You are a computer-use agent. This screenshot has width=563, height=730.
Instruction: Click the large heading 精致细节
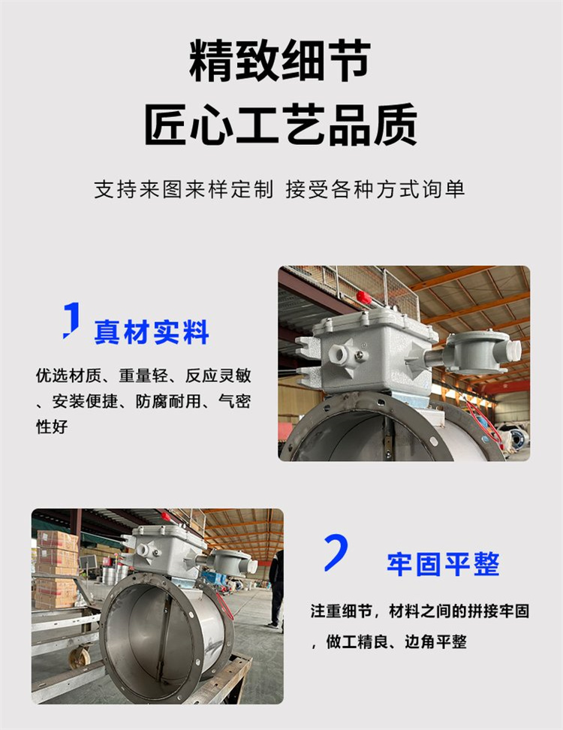(x=280, y=61)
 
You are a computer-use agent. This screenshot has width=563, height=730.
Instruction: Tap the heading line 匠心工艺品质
(x=281, y=125)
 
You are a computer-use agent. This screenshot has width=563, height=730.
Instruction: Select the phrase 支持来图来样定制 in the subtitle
(x=184, y=189)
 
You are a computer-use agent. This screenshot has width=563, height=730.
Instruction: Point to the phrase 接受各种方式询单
(x=375, y=189)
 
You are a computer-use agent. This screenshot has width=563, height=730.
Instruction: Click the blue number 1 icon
(x=71, y=320)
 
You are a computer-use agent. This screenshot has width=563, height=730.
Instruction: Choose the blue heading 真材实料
(x=152, y=332)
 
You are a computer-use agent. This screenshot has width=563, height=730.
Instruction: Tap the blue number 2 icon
(x=336, y=552)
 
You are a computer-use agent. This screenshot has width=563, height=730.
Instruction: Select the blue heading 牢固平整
(x=443, y=564)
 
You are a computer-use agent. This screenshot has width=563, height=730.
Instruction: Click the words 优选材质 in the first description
(x=68, y=376)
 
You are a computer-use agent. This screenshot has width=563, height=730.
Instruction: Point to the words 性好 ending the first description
(x=52, y=427)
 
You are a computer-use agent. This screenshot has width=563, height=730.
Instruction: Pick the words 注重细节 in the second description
(x=341, y=611)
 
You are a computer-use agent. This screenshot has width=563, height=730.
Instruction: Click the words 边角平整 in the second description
(x=435, y=642)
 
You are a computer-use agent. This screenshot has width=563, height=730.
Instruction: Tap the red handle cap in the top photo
(x=363, y=297)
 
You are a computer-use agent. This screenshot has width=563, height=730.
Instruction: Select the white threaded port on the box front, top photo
(x=339, y=354)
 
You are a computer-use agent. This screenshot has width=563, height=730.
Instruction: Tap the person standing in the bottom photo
(x=276, y=587)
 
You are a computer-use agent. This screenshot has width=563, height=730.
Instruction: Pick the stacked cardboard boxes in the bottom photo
(x=56, y=569)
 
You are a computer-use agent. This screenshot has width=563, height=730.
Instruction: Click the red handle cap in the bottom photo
(x=166, y=516)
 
